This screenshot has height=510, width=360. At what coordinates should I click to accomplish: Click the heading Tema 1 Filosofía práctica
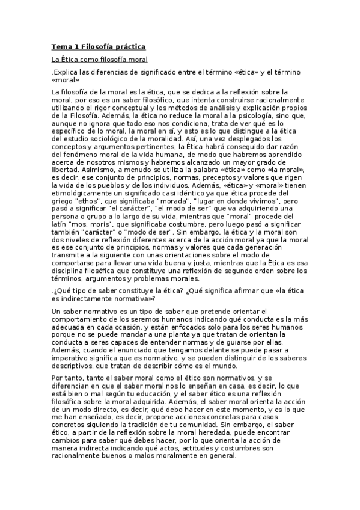click(98, 46)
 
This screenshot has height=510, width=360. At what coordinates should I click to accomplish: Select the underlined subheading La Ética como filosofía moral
click(99, 60)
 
